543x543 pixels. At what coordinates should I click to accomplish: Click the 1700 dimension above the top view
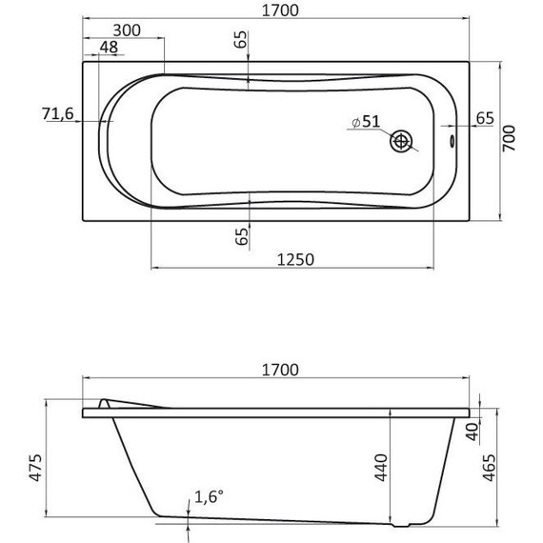coord(280,10)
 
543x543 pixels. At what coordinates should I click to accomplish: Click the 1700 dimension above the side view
coord(280,370)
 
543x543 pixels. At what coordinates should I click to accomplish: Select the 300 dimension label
coord(127,30)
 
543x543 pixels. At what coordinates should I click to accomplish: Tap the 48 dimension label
coord(109,47)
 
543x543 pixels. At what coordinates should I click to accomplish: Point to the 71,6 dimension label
coord(58,113)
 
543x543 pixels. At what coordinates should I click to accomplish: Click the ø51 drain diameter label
coord(366,122)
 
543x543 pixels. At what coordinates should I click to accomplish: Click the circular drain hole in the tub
coord(401,141)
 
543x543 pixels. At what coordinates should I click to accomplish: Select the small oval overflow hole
coord(452,141)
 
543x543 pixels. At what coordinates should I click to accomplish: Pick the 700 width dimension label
coord(509,138)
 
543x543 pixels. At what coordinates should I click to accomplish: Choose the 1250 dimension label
coord(295,259)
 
